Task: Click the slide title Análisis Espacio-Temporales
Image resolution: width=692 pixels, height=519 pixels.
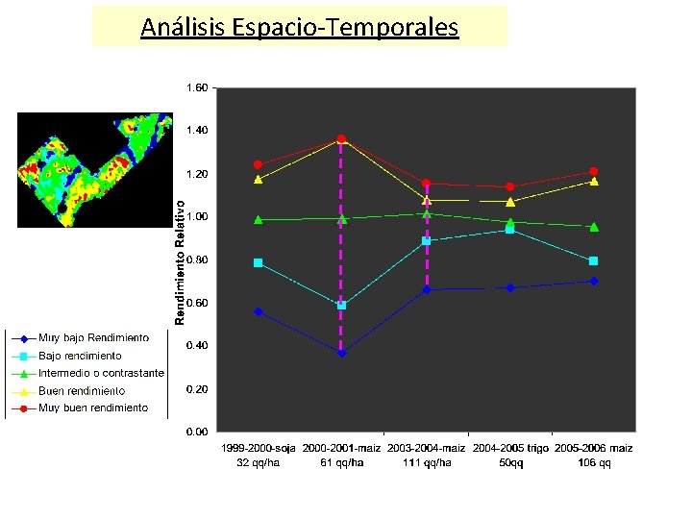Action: coord(299,27)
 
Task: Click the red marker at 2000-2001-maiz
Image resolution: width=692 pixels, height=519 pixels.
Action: coord(341,139)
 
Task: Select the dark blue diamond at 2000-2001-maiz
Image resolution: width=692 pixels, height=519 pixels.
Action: coord(341,353)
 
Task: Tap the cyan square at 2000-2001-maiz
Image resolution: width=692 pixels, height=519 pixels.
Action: coord(341,306)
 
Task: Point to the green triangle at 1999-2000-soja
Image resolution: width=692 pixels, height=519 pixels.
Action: coord(259,219)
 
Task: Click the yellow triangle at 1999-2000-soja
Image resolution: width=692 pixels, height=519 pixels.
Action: coord(259,180)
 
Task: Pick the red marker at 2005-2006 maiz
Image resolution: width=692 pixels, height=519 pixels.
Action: coord(594,171)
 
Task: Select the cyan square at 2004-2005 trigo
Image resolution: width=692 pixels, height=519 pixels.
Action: coord(510,230)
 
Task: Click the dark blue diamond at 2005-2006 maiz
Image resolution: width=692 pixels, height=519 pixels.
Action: coord(594,281)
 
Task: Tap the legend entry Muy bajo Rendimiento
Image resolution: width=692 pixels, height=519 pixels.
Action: coord(93,338)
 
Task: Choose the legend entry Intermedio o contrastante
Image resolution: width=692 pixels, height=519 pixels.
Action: coord(101,373)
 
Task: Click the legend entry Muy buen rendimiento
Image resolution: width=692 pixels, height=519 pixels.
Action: coord(93,408)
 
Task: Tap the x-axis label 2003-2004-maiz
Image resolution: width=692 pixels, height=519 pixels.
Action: coord(426,449)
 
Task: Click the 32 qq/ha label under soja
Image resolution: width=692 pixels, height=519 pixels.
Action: coord(259,463)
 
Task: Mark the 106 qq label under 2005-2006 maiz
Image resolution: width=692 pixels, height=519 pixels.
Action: coord(594,463)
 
